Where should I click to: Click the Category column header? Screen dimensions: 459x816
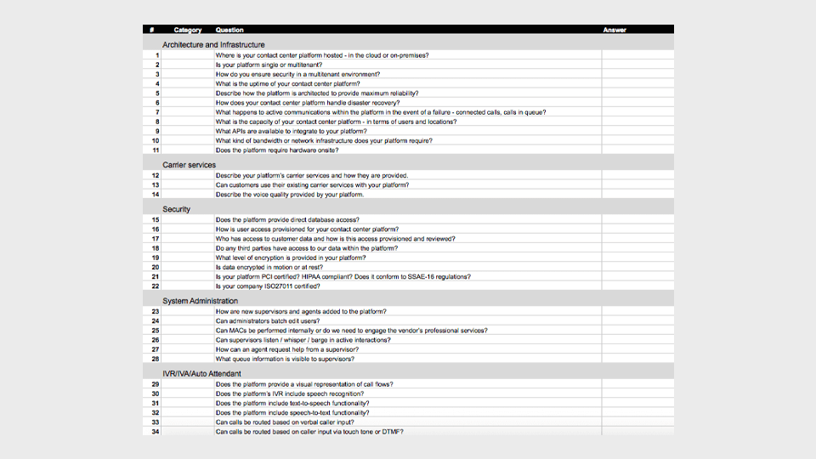click(x=187, y=30)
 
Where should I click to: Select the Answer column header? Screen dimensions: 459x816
click(x=615, y=30)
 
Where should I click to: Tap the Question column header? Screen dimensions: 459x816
click(x=229, y=30)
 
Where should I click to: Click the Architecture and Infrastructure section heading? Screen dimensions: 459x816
click(x=213, y=44)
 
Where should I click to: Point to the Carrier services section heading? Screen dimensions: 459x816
click(x=190, y=165)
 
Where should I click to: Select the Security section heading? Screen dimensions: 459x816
click(x=177, y=209)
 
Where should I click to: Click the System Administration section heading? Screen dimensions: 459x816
click(x=201, y=301)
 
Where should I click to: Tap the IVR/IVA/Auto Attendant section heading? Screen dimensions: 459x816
click(x=202, y=373)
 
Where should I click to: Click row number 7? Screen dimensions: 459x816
click(x=157, y=112)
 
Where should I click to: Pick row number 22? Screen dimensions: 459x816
click(x=156, y=286)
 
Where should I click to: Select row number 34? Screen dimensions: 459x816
click(x=156, y=432)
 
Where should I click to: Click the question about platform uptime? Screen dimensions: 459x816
click(x=287, y=84)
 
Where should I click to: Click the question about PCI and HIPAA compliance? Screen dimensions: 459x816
click(x=343, y=276)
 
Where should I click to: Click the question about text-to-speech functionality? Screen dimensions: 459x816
click(x=292, y=403)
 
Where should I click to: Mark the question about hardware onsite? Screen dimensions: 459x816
click(x=277, y=150)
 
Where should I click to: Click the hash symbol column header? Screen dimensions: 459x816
click(x=151, y=30)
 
